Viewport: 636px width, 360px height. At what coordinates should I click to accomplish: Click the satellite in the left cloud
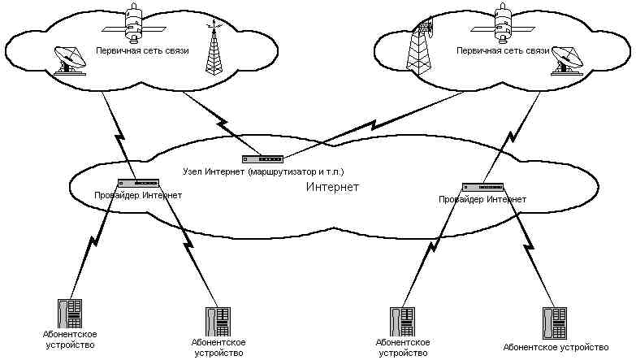tap(135, 22)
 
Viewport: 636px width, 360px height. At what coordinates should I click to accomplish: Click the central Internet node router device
tap(262, 159)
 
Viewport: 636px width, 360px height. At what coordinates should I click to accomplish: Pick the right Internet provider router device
tap(482, 187)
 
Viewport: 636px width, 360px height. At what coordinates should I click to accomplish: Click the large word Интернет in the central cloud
tap(332, 188)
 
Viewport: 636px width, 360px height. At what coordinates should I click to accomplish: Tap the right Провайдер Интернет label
tap(482, 198)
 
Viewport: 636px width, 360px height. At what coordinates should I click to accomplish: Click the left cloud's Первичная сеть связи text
tap(143, 50)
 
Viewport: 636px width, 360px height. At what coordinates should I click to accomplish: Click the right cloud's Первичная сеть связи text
tap(493, 50)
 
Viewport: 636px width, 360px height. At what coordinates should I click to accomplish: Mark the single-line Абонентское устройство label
tap(556, 347)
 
